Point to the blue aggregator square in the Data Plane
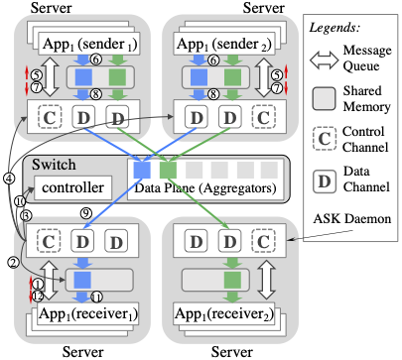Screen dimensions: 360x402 coord(143,170)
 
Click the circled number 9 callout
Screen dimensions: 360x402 coord(86,213)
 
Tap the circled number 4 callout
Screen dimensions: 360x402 coord(9,180)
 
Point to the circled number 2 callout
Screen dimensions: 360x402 coord(14,263)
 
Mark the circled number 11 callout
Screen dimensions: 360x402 coord(98,297)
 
